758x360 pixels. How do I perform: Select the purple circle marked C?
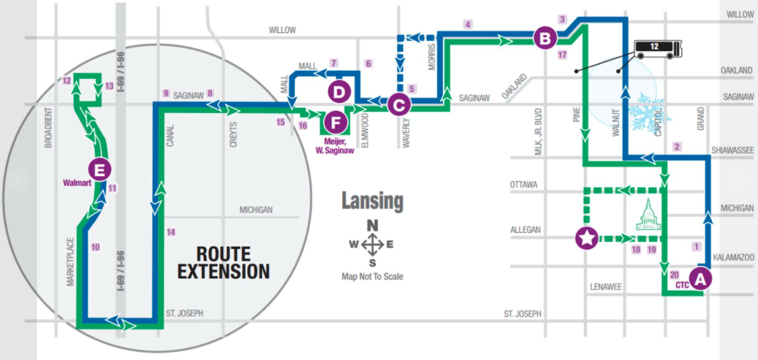(399, 105)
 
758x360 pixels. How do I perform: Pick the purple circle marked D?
(339, 92)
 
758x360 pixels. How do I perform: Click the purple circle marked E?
(99, 169)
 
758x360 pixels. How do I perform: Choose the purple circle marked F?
(336, 123)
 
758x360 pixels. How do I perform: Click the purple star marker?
(586, 239)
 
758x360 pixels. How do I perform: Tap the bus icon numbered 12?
(658, 49)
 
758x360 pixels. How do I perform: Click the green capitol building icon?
(648, 214)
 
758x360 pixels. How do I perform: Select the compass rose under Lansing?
(372, 244)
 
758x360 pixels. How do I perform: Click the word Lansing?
(372, 202)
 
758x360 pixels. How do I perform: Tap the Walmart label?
(77, 183)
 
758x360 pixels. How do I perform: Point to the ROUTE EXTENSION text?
(224, 262)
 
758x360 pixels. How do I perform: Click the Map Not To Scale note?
(372, 276)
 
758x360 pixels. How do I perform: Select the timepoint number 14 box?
(171, 232)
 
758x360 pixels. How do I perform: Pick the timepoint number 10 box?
(95, 247)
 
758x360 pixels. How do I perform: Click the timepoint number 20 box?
(675, 275)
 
